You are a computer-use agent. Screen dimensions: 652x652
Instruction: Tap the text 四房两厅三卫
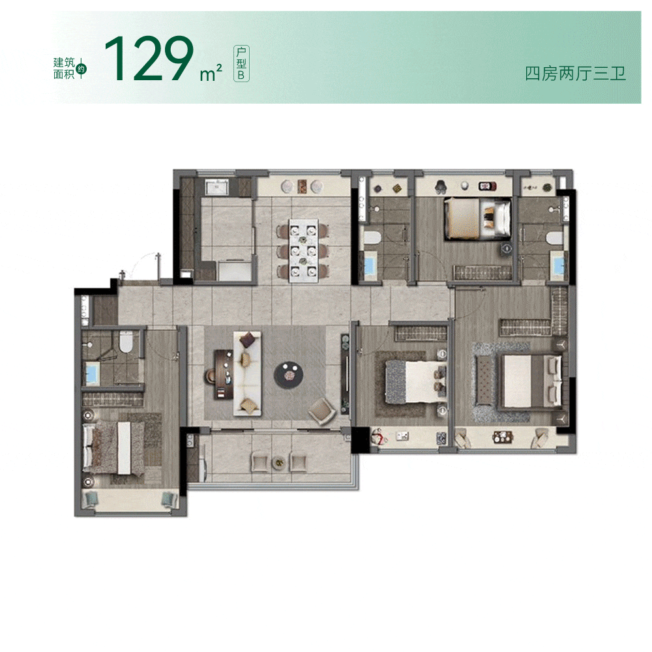point(575,74)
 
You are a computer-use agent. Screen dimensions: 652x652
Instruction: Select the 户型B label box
point(241,63)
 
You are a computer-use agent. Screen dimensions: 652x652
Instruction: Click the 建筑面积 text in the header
point(64,68)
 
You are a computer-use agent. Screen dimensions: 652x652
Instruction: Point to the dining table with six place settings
point(304,251)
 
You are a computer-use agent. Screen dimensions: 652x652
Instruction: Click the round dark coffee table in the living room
point(288,375)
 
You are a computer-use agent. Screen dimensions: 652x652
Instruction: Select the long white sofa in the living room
point(247,373)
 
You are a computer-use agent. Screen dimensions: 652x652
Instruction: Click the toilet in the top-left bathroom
point(372,238)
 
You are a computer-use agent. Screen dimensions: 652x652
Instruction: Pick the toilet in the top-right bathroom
point(554,238)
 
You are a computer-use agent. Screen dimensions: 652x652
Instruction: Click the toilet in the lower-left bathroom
point(125,342)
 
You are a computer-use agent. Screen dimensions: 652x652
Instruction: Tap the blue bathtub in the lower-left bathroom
point(91,374)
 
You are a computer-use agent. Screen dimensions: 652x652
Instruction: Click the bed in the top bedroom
point(477,218)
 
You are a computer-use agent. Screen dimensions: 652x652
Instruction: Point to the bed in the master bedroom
point(531,381)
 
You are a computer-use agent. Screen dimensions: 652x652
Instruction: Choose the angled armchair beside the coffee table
point(322,411)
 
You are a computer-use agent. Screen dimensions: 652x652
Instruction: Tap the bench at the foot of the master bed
point(484,381)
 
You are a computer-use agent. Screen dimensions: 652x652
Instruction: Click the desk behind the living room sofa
point(223,374)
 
